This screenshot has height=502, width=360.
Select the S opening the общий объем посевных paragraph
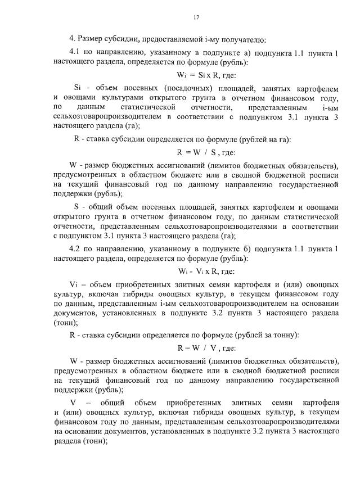coord(76,207)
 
